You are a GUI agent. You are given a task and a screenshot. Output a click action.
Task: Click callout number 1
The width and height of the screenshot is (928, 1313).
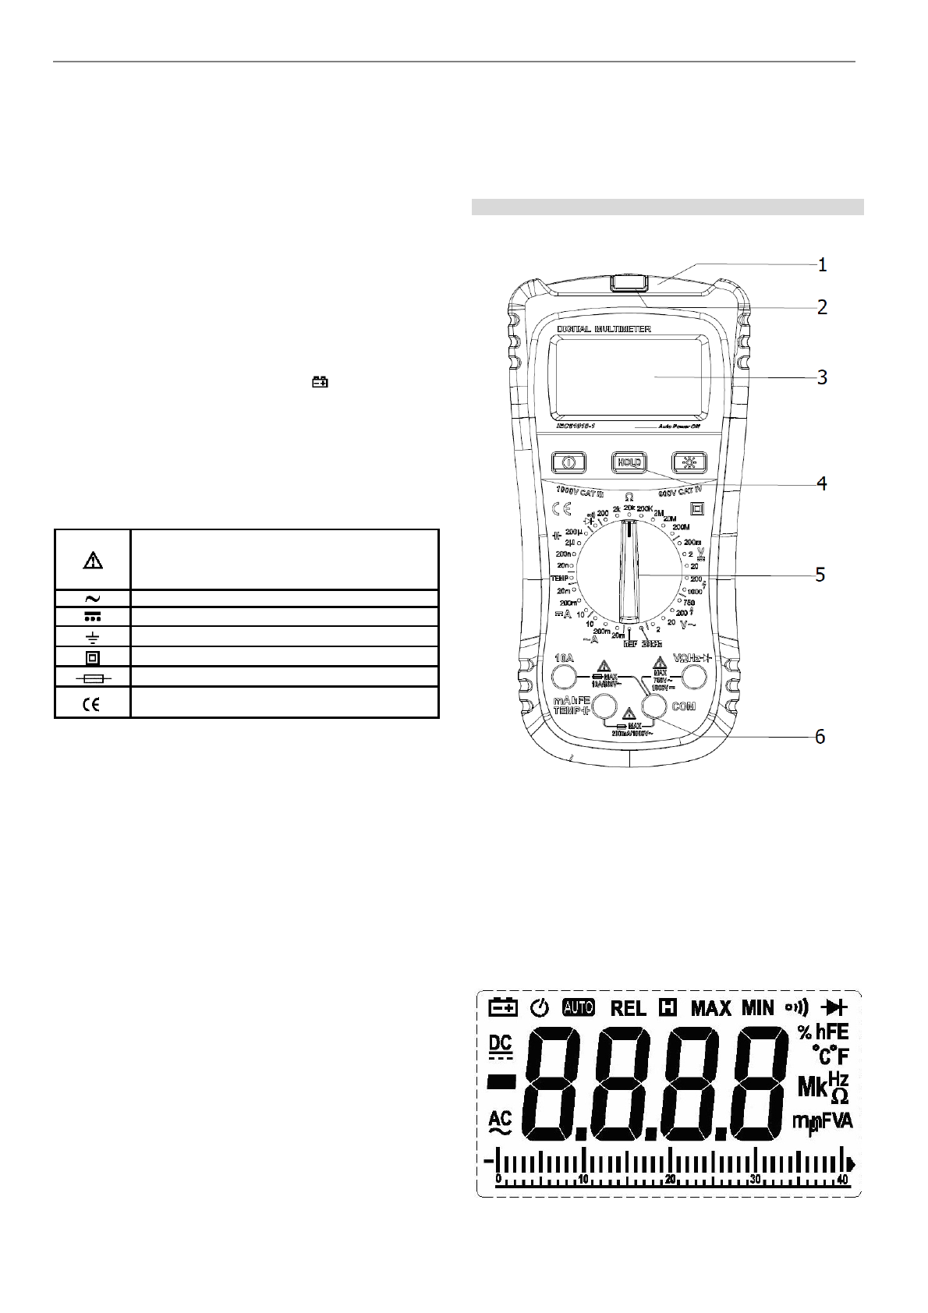click(x=822, y=265)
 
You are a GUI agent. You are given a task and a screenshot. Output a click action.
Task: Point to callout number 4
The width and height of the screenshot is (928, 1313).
click(x=822, y=483)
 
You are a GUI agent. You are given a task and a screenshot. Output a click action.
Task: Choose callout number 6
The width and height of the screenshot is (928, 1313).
click(x=820, y=736)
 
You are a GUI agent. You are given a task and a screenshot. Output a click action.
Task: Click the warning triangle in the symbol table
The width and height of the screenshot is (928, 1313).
click(x=93, y=560)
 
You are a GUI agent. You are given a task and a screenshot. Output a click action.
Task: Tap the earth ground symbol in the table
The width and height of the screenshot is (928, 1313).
click(x=93, y=635)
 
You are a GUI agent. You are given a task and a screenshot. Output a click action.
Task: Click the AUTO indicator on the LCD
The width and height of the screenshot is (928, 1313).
click(x=578, y=1007)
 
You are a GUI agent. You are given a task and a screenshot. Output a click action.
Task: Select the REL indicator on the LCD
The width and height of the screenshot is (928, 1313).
click(x=628, y=1008)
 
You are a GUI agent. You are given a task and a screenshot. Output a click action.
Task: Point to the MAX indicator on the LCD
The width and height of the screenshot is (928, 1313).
click(x=711, y=1008)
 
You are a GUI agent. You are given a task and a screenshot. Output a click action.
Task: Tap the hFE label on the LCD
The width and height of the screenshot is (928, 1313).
click(x=832, y=1033)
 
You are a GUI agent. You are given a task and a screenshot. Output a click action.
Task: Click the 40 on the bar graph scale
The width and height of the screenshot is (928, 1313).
click(x=842, y=1180)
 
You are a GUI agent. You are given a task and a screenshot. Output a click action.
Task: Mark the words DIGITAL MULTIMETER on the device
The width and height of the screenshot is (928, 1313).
click(x=604, y=329)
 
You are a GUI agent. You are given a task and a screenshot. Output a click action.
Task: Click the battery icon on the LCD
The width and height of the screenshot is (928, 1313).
click(x=503, y=1007)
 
